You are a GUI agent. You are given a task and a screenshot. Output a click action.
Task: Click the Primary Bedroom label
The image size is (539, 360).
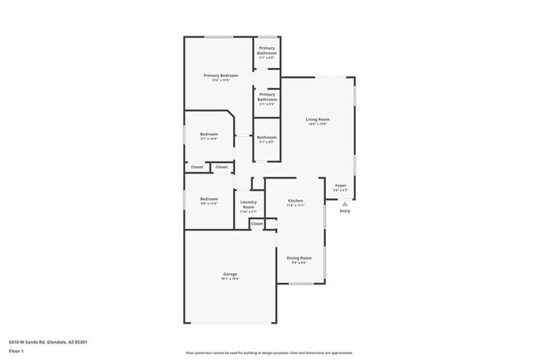pos(221,75)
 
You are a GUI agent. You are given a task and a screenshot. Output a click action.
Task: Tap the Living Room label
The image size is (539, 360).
pos(318,120)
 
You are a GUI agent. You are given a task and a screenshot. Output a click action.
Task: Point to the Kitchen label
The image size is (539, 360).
pos(295,201)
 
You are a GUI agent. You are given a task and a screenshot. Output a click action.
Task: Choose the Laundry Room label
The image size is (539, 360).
pos(249,204)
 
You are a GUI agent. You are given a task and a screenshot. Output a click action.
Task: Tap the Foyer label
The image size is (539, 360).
pos(341,185)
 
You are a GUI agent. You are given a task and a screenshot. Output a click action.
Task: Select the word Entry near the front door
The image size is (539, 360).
pos(345,211)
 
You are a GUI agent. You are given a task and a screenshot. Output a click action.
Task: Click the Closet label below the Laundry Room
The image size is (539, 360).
pos(257,223)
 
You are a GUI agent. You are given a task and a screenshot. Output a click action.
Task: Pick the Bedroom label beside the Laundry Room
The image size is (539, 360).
pos(209,199)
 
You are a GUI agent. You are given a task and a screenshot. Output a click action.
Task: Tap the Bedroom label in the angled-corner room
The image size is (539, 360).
pos(209,134)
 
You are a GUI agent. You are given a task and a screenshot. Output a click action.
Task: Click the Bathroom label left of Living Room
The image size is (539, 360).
pos(266,138)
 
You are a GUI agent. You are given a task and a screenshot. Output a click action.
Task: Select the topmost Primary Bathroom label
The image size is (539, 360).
pos(266,51)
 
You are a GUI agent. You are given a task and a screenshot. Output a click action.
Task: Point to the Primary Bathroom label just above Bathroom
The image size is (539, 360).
pos(266,97)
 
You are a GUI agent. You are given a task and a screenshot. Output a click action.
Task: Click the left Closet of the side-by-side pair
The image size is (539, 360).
pos(197,167)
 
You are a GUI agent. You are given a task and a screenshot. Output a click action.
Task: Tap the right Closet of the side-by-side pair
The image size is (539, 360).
pos(221,167)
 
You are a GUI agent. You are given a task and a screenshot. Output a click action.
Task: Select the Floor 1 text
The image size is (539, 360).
pos(17,351)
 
